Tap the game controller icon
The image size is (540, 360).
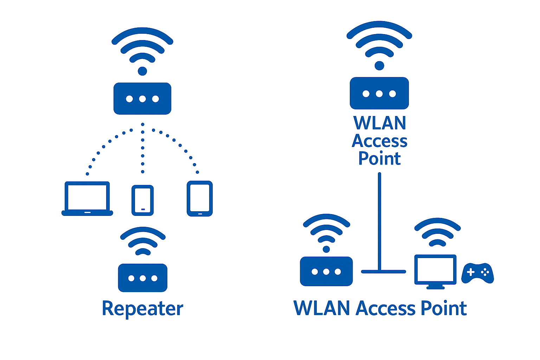477,273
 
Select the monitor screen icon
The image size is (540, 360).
435,270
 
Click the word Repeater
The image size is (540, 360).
142,309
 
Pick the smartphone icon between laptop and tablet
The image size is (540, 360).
142,200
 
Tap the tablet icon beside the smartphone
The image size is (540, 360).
200,199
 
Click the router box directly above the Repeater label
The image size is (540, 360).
142,278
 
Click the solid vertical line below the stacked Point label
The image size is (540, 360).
379,218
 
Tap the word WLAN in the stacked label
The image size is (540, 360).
380,123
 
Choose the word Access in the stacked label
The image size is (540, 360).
380,141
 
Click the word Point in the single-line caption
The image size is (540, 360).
444,308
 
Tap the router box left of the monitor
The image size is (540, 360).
326,271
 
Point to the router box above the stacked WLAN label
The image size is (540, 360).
379,94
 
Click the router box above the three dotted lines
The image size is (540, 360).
142,99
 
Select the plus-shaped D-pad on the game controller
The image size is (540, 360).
471,272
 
